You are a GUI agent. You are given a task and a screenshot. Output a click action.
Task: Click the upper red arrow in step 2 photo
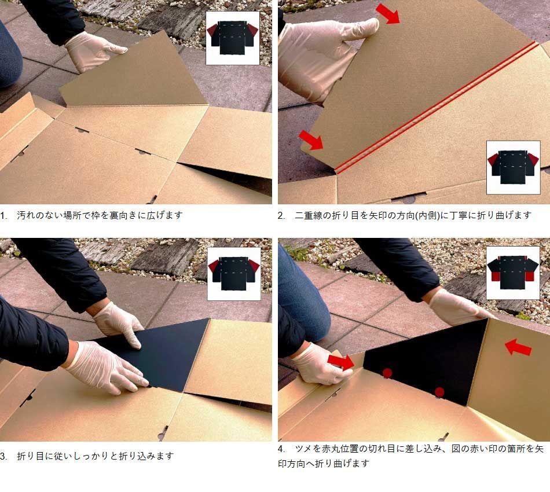[387, 14]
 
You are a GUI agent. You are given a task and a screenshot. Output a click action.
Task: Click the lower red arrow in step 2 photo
[311, 140]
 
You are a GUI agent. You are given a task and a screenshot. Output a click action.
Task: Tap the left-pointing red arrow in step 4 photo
[518, 347]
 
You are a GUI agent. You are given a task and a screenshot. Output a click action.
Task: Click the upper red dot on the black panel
[387, 373]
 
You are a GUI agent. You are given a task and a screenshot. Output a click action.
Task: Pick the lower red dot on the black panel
[439, 392]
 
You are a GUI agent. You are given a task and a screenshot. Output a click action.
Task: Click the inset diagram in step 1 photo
[233, 38]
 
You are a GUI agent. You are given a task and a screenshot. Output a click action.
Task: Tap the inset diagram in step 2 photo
[513, 168]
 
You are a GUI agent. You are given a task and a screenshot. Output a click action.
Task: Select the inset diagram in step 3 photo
[234, 274]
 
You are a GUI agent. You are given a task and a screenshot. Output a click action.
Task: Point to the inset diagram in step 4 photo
[513, 273]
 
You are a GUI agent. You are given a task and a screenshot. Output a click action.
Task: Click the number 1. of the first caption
[4, 215]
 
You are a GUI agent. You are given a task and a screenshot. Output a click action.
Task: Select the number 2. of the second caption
[281, 215]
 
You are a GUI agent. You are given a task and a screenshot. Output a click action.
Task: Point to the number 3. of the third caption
[4, 456]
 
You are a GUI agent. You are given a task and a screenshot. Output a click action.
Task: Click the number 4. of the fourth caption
[281, 449]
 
